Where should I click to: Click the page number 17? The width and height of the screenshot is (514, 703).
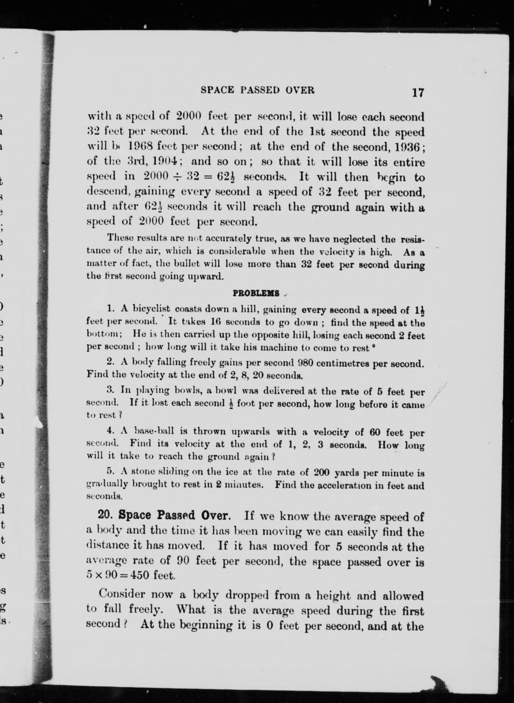[x=418, y=92]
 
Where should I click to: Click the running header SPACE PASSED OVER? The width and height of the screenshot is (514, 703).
[x=258, y=90]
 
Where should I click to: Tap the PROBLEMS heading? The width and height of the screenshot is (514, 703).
[x=256, y=293]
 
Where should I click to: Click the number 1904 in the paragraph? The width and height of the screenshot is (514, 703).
[x=162, y=161]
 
